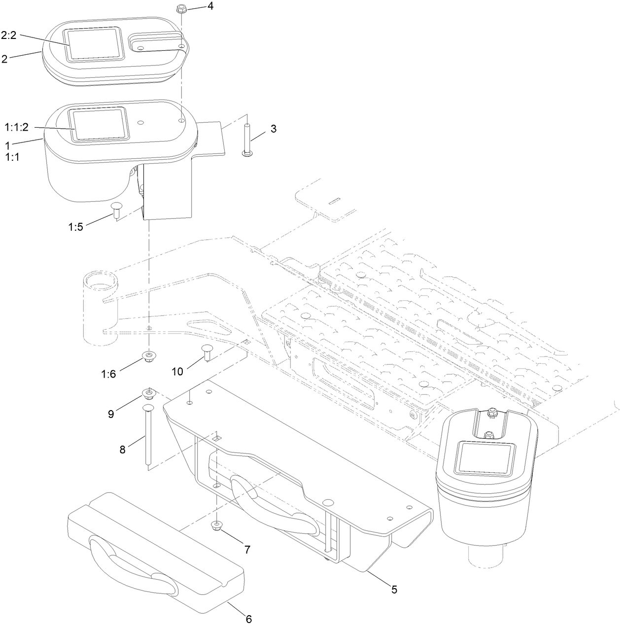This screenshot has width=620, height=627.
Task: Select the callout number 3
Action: pos(273,129)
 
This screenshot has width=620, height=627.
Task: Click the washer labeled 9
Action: pos(148,393)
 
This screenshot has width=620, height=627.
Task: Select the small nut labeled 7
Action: pos(216,525)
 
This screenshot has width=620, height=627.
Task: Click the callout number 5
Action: pos(394,589)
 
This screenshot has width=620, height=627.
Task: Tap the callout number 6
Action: pos(248,618)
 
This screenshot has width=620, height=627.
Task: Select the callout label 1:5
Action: pos(76,227)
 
